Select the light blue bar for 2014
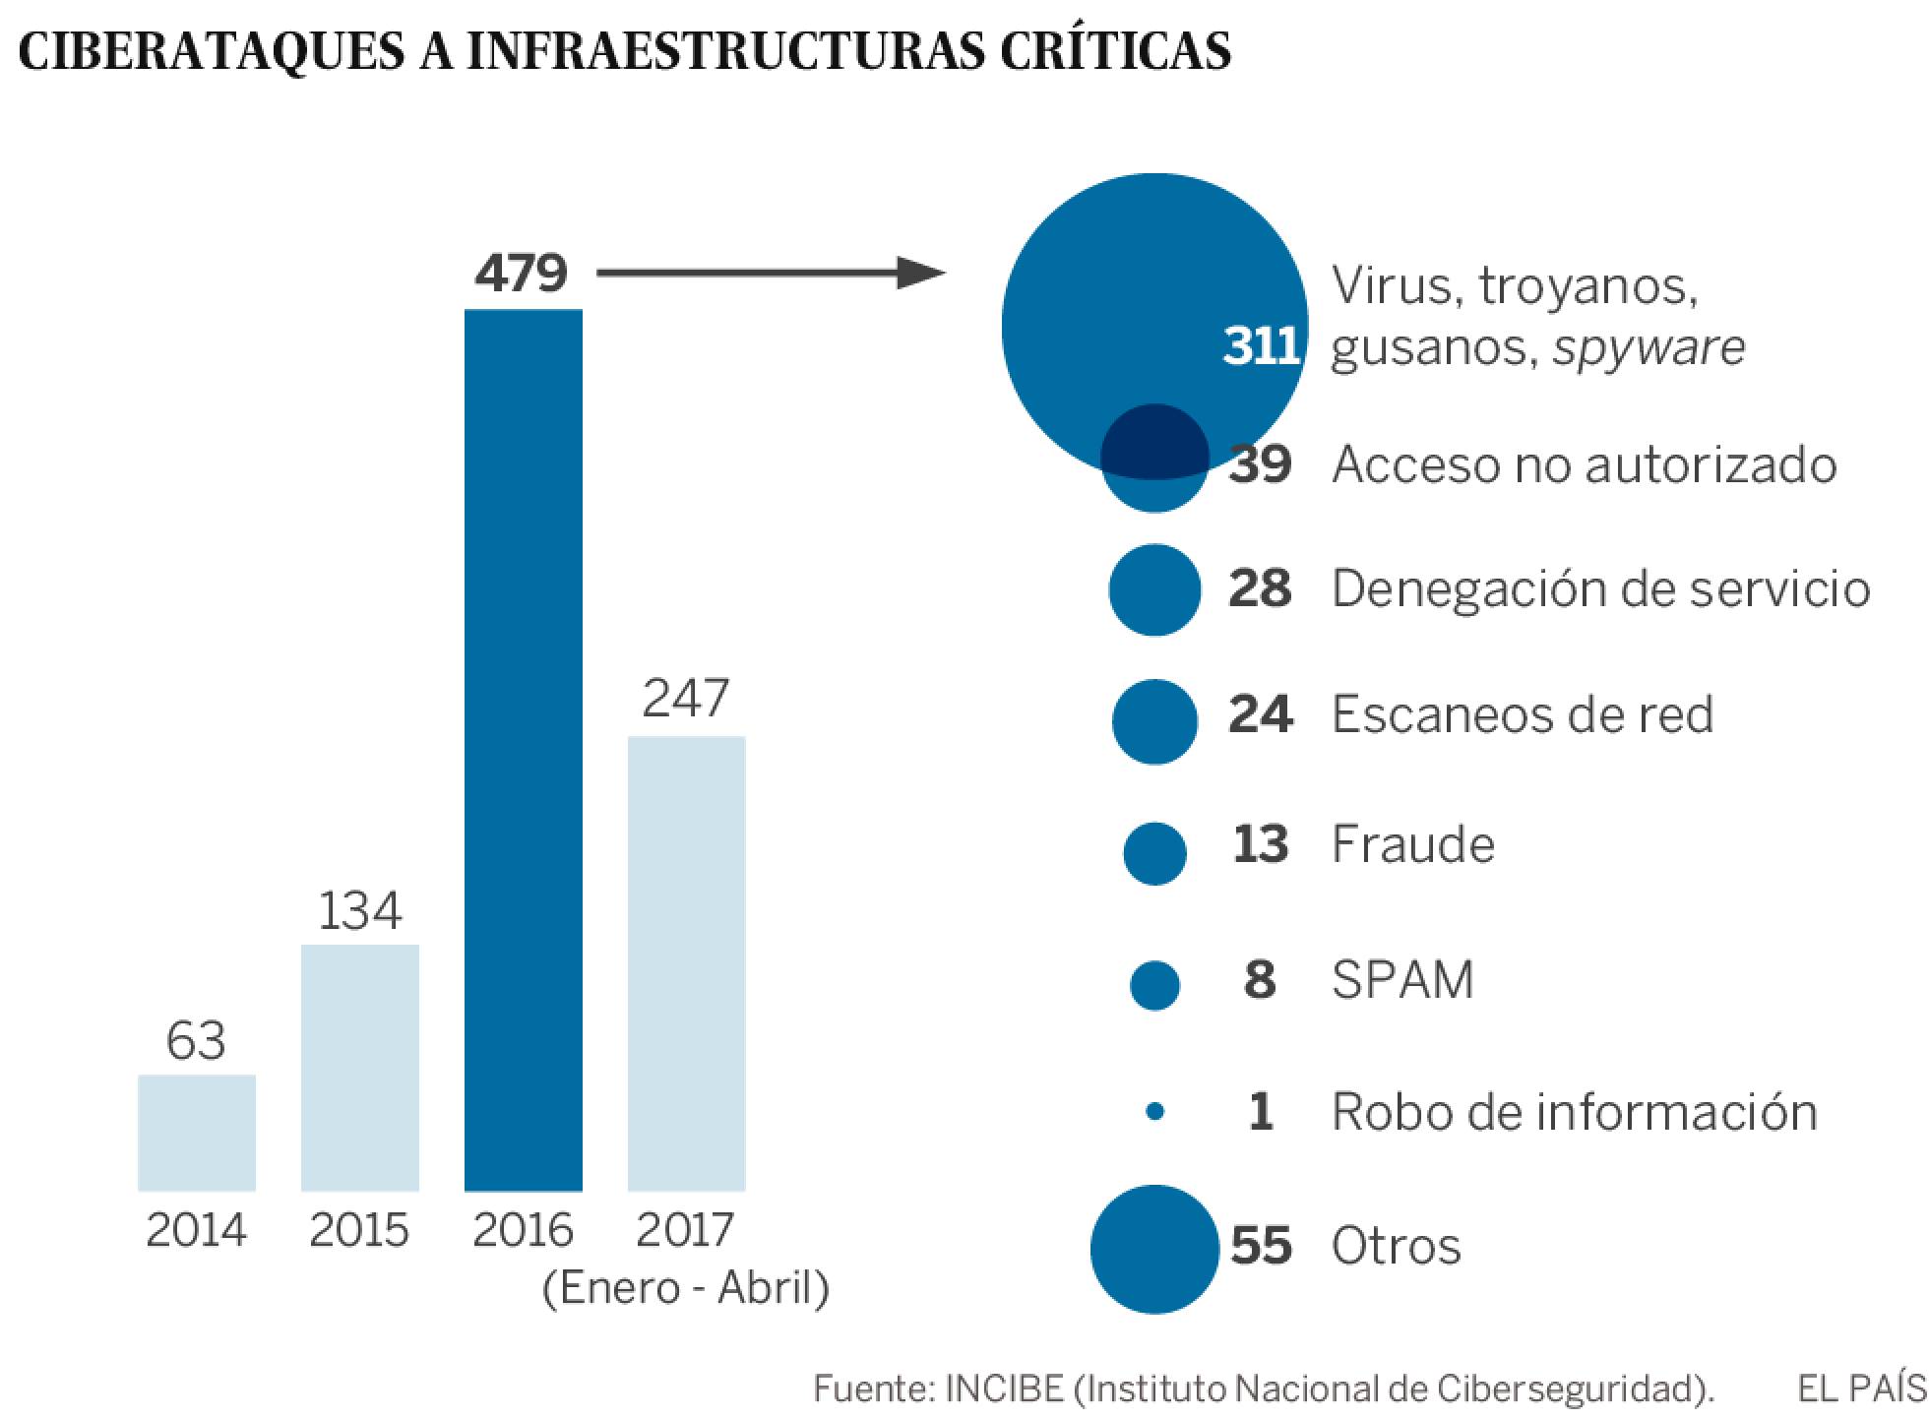coord(197,1133)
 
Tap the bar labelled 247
coord(686,963)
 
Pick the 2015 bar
coord(360,1068)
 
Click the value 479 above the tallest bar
coord(521,273)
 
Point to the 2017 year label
coord(685,1230)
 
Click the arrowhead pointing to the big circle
coord(920,273)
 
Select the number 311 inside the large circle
coord(1261,346)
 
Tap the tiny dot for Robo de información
coord(1155,1112)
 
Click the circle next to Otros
coord(1154,1249)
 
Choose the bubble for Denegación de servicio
coord(1154,589)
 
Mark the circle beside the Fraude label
coord(1154,852)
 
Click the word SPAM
coord(1402,979)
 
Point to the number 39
coord(1260,463)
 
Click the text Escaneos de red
coord(1522,714)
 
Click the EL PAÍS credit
coord(1859,1388)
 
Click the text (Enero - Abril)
coord(686,1288)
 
